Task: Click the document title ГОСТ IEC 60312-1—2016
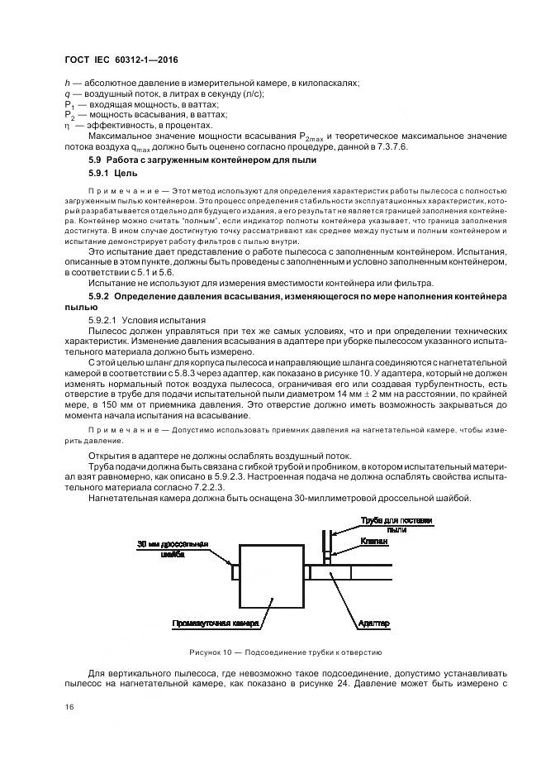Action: click(x=121, y=61)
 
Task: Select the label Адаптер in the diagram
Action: click(x=375, y=622)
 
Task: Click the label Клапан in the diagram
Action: click(x=374, y=538)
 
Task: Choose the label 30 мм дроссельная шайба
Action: click(x=173, y=549)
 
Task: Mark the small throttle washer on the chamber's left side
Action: click(x=235, y=572)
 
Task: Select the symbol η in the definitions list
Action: click(x=68, y=125)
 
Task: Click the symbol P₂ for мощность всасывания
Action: click(x=69, y=114)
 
